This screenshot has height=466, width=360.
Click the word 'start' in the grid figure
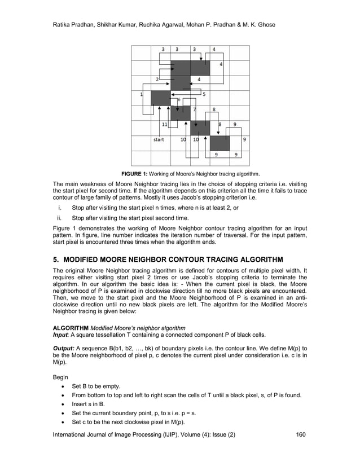(159, 139)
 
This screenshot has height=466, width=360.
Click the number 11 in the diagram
(164, 124)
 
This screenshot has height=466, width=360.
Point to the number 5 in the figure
(204, 94)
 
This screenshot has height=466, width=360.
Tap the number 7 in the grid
(195, 109)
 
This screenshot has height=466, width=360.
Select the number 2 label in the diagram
(157, 80)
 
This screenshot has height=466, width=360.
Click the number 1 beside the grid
(142, 94)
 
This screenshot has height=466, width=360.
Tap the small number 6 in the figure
(179, 100)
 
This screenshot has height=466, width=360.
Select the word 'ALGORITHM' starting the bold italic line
(71, 328)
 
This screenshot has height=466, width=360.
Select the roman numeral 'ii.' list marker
(59, 218)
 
